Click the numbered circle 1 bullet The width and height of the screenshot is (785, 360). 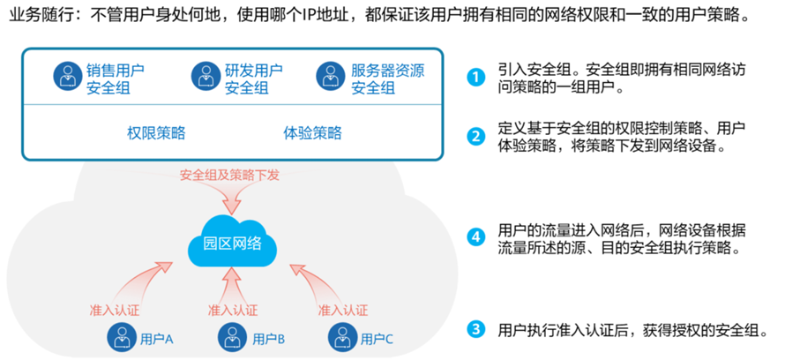click(x=476, y=77)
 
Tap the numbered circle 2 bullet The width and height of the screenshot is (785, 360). click(x=476, y=137)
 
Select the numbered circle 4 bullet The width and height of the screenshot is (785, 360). click(x=476, y=236)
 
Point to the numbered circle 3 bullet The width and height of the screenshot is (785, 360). click(x=476, y=330)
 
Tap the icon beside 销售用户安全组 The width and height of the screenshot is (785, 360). click(x=67, y=76)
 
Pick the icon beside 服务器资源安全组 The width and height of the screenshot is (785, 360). click(x=331, y=76)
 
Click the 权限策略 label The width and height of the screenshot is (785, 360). click(x=156, y=133)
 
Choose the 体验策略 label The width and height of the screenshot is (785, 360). click(x=312, y=133)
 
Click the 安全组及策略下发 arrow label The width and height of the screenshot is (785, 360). click(x=229, y=175)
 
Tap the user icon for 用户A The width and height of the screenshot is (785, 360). click(x=121, y=336)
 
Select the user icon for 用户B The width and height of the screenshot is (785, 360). click(x=232, y=336)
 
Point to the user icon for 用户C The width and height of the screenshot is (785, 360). click(x=341, y=336)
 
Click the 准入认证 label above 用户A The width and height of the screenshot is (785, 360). click(x=115, y=310)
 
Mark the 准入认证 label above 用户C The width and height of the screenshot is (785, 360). click(x=342, y=310)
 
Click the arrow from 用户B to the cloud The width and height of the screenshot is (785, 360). click(x=232, y=284)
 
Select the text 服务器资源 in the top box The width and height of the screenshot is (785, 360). click(x=387, y=70)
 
